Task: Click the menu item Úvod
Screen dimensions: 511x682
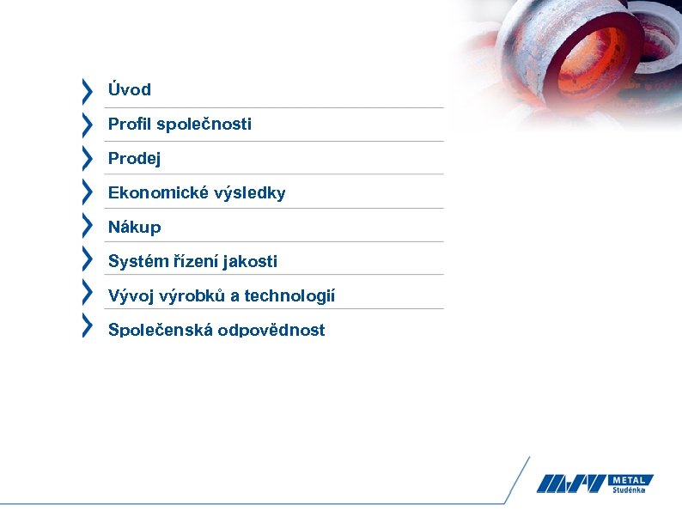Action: (129, 89)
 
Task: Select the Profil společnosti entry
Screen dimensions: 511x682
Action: (180, 124)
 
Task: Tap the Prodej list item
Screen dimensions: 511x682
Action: (134, 158)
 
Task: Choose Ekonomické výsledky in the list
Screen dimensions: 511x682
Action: (197, 192)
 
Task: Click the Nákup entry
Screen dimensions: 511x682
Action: (134, 227)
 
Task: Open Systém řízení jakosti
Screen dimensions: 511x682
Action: (192, 261)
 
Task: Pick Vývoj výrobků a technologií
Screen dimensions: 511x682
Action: (221, 295)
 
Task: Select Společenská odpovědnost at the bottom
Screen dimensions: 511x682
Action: (216, 329)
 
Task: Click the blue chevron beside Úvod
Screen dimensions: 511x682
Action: (87, 89)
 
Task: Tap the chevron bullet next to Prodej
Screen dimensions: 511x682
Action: (87, 158)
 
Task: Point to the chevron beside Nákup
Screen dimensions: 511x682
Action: (87, 226)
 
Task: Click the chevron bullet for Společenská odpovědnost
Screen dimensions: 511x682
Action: (87, 325)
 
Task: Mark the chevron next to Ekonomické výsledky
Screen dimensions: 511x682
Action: (87, 192)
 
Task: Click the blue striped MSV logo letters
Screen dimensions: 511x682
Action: (570, 484)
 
